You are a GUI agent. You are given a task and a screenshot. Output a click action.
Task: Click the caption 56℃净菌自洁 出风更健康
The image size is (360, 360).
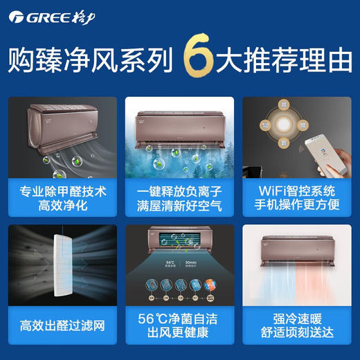pyautogui.click(x=179, y=323)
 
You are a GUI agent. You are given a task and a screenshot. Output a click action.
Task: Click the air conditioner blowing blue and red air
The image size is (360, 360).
pyautogui.click(x=298, y=246)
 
